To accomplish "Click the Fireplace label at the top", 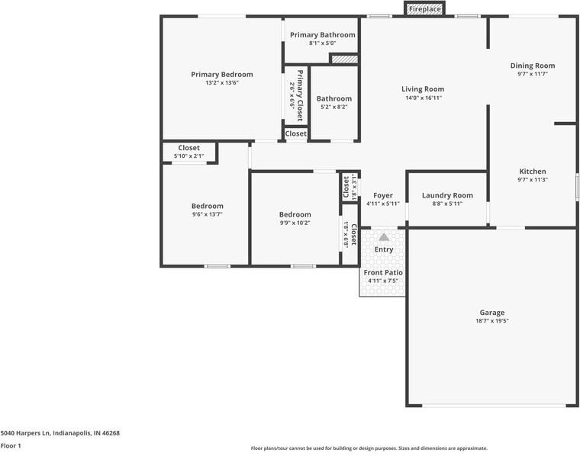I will pyautogui.click(x=424, y=9).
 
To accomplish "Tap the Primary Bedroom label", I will pyautogui.click(x=221, y=75).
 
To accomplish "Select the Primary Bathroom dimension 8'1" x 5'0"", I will pyautogui.click(x=322, y=43).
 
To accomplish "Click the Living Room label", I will pyautogui.click(x=423, y=89).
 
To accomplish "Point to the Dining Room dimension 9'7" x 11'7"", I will pyautogui.click(x=532, y=74).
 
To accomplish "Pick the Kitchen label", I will pyautogui.click(x=532, y=172).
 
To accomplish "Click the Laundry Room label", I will pyautogui.click(x=447, y=195).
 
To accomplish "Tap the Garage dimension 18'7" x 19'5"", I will pyautogui.click(x=491, y=321).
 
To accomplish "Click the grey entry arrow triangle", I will pyautogui.click(x=383, y=237).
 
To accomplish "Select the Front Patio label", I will pyautogui.click(x=383, y=272).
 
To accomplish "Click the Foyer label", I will pyautogui.click(x=382, y=195).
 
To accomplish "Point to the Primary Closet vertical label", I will pyautogui.click(x=300, y=95).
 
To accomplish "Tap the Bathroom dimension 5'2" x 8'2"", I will pyautogui.click(x=333, y=108).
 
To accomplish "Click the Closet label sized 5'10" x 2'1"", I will pyautogui.click(x=188, y=148).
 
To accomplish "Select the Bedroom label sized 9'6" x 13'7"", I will pyautogui.click(x=207, y=206).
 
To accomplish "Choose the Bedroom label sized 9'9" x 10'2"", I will pyautogui.click(x=295, y=214).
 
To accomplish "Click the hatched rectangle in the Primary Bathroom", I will pyautogui.click(x=343, y=59).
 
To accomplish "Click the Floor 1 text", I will pyautogui.click(x=11, y=446).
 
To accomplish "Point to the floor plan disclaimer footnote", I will pyautogui.click(x=369, y=448).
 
